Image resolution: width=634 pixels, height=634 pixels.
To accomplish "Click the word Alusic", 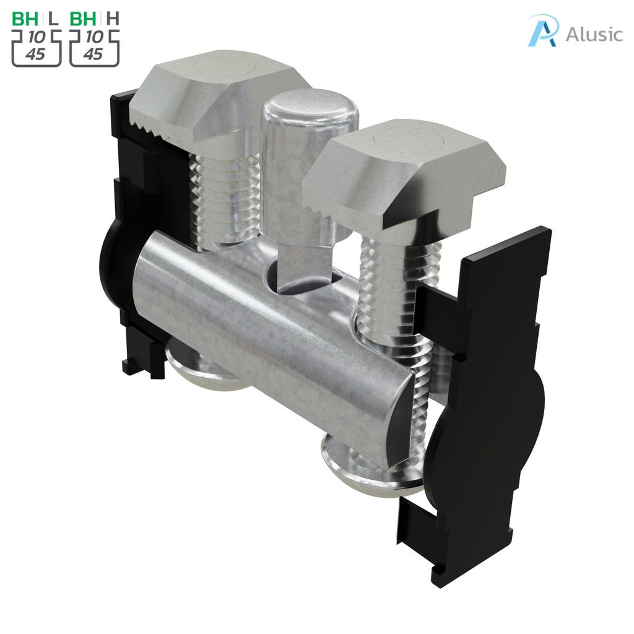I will [594, 34].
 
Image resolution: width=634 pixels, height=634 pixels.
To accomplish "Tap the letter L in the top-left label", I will [53, 18].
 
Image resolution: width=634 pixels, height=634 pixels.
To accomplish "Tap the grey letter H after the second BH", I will [112, 18].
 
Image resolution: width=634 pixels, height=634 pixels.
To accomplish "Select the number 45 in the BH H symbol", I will [93, 54].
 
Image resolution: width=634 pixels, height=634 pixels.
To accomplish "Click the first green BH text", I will [25, 18].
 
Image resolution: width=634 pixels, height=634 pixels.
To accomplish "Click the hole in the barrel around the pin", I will [303, 279].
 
